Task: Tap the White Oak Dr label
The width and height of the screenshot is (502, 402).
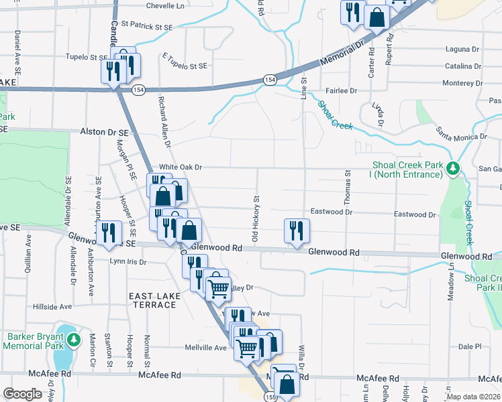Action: [180, 167]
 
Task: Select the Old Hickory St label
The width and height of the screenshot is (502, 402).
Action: [255, 218]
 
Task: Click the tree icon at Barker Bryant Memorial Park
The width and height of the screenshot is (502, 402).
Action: [73, 340]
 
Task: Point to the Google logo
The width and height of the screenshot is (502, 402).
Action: [23, 394]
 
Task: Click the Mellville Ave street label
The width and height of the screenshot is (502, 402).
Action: [206, 348]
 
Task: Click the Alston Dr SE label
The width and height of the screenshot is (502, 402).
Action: [105, 133]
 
